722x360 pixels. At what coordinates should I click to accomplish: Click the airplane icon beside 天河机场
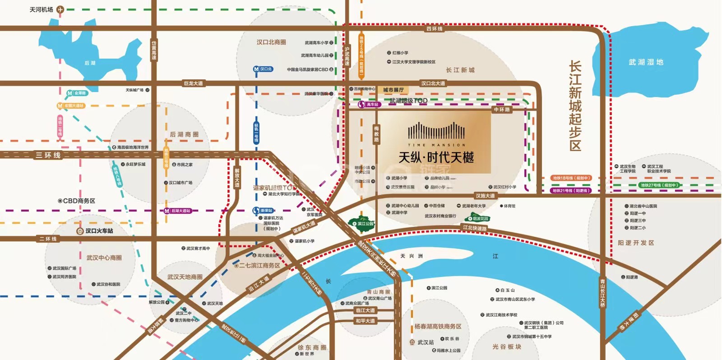60,9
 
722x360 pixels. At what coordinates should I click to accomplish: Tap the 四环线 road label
435,29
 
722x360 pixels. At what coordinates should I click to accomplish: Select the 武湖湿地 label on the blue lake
646,62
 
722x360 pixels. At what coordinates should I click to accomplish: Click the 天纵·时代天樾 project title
436,157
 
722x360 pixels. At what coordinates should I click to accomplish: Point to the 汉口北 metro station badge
263,69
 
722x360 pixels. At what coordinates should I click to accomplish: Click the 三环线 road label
48,155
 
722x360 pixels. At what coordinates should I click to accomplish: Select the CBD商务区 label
77,201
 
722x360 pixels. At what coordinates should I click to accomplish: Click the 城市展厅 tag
393,90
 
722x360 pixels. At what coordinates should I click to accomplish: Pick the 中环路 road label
502,110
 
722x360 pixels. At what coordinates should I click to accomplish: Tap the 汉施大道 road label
485,196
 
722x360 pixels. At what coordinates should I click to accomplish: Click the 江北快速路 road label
475,228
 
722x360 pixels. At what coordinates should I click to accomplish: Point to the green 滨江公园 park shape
362,223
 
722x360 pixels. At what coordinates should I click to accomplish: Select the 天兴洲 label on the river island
412,256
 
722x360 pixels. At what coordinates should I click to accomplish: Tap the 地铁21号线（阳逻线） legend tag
570,190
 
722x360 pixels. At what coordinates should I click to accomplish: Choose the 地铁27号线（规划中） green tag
659,185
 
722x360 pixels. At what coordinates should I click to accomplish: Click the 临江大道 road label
365,310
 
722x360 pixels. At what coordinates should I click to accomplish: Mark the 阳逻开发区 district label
636,243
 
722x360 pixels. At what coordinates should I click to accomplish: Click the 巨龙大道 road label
193,83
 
